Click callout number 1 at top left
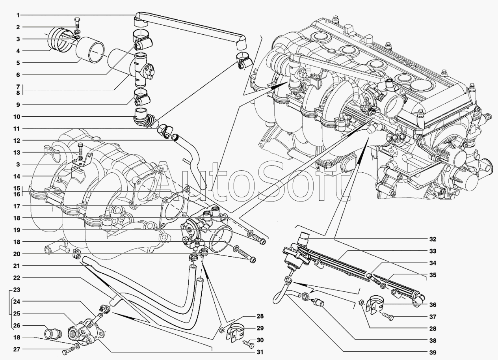pos(18,15)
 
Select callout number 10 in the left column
pos(17,117)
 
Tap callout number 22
pos(17,278)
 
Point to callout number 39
pos(433,353)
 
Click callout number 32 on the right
pos(433,239)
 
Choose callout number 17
pos(17,206)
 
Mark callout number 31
pos(260,352)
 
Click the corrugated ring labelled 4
pos(58,41)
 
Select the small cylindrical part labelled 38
pos(318,303)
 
